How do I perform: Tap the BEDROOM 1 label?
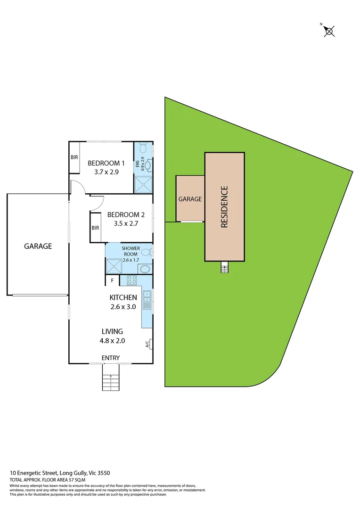point(106,164)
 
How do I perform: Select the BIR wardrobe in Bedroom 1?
point(74,157)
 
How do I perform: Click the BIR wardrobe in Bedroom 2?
point(96,228)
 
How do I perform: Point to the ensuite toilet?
point(145,148)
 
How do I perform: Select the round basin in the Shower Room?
point(145,269)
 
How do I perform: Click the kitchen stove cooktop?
point(131,280)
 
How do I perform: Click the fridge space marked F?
point(112,280)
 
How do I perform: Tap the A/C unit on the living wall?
point(148,344)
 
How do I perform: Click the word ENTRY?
point(110,358)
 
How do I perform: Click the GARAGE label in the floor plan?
point(38,246)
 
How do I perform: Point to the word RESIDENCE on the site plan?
point(224,207)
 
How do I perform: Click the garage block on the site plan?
point(190,199)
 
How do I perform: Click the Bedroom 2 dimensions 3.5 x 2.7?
point(126,223)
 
